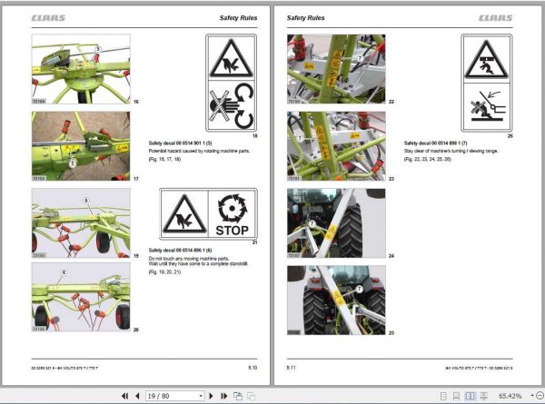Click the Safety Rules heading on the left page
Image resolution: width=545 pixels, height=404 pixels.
tap(238, 17)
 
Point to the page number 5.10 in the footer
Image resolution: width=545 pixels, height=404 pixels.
tap(252, 367)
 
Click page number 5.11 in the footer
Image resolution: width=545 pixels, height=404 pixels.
tap(292, 367)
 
